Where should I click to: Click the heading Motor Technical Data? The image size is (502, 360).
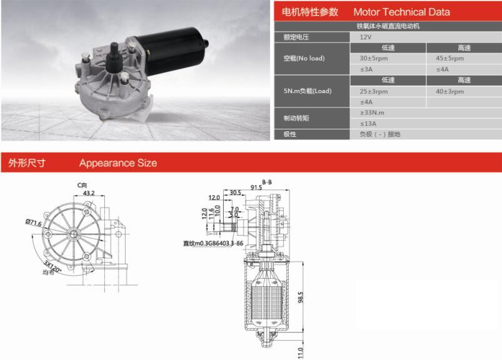pos(401,12)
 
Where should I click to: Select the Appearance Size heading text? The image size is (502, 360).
pos(118,163)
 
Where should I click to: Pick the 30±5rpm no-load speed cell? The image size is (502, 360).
pos(374,58)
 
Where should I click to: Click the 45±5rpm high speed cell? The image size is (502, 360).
pos(449,58)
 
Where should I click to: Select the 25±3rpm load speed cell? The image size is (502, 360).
pos(374,91)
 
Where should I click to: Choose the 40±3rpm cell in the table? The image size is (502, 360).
pos(449,91)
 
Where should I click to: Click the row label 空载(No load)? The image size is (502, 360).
pos(304,58)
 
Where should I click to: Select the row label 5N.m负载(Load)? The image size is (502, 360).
pos(308,91)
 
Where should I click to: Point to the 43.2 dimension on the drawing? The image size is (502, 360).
pos(88,193)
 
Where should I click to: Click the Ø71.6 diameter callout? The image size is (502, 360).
pos(33,222)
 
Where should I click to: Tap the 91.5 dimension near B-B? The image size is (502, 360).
pos(256,187)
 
